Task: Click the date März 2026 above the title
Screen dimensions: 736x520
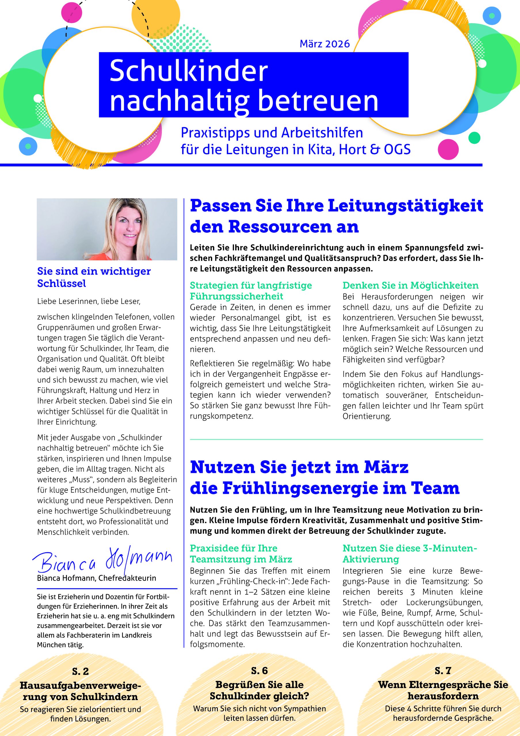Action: [324, 44]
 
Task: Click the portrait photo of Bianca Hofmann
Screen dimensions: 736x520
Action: [107, 229]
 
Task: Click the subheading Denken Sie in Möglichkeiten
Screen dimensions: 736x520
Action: [410, 285]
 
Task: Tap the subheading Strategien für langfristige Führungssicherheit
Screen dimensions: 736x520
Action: [251, 290]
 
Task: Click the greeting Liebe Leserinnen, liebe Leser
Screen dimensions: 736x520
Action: [89, 301]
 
